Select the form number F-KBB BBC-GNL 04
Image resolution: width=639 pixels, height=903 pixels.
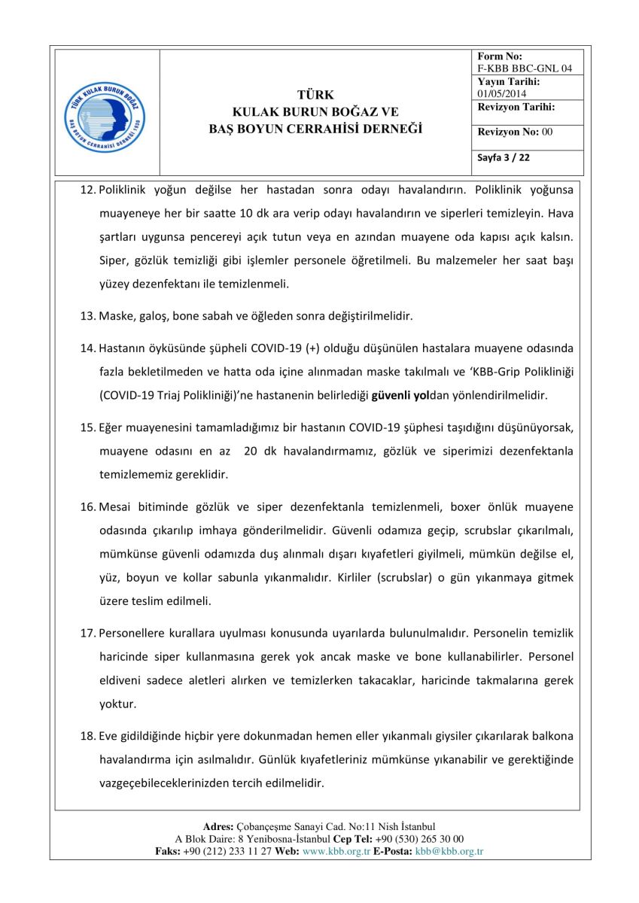pyautogui.click(x=525, y=68)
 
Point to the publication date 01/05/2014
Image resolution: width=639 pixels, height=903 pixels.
pyautogui.click(x=503, y=93)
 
